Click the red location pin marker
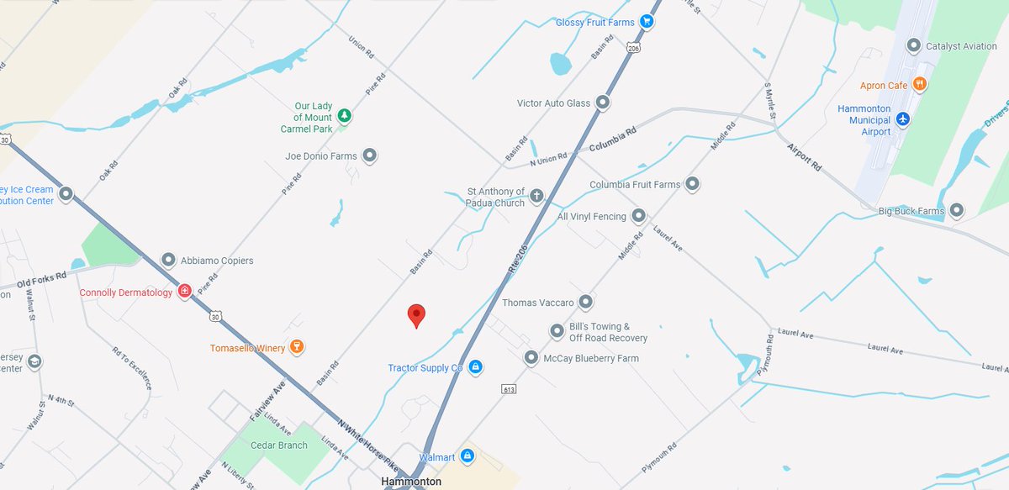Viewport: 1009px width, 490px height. pos(416,315)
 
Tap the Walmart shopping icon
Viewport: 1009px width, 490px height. pos(468,456)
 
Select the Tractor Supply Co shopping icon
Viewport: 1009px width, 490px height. pos(475,367)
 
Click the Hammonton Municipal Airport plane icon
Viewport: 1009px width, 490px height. pos(903,120)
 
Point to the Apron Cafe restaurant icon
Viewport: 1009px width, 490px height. pos(921,84)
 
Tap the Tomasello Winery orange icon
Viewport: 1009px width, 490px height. pos(295,347)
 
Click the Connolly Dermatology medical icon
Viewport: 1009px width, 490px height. pos(185,292)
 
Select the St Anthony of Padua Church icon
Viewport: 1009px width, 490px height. pos(536,196)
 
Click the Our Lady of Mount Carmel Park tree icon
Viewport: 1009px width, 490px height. pos(343,116)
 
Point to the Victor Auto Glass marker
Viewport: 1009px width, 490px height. pos(603,103)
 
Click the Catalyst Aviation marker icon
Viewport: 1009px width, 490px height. pos(914,45)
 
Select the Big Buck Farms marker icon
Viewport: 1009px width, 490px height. pos(957,210)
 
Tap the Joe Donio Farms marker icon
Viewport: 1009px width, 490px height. pos(369,155)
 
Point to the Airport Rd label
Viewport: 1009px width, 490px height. pos(805,157)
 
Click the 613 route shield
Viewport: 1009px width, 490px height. pos(508,388)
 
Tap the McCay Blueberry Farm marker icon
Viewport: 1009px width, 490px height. pos(531,358)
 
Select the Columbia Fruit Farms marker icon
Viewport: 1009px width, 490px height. pos(693,184)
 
